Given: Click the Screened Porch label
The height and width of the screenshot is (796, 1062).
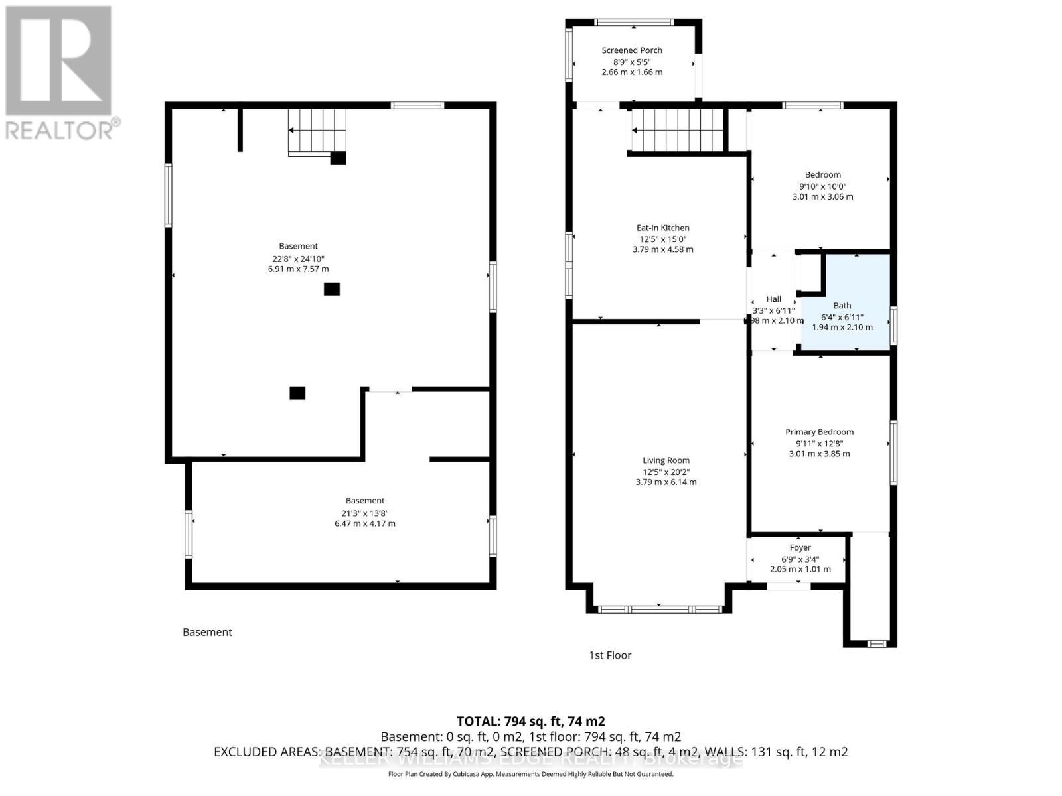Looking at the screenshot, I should tap(632, 50).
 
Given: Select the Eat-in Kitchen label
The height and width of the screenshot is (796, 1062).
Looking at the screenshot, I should tap(662, 228).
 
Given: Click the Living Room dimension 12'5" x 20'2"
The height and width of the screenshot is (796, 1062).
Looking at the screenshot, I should tap(666, 472).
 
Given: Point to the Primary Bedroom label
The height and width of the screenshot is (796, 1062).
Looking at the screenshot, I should tap(819, 432).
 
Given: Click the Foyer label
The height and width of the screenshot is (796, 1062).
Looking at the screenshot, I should tap(800, 547).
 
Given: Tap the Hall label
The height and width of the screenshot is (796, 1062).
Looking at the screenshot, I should tap(773, 299).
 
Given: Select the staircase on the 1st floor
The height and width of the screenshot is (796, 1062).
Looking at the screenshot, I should tap(677, 130).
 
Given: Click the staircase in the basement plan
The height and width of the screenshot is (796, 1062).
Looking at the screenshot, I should tap(317, 131).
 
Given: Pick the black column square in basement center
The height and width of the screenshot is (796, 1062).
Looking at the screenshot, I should tap(332, 289).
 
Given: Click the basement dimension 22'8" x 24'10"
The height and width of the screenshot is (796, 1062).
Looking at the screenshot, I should tap(298, 259).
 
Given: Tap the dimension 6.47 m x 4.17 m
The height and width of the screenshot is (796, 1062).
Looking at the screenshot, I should tap(364, 523).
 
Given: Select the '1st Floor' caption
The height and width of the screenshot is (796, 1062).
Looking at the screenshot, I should tap(610, 655).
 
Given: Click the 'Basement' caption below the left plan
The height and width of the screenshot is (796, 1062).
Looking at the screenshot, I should tap(207, 632).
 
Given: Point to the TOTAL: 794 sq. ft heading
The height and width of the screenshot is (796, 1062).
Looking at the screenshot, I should tap(530, 721).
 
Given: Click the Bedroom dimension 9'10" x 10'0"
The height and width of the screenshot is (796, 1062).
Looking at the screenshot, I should tap(822, 186).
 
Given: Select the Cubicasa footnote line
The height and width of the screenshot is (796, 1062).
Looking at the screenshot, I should tap(530, 774).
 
